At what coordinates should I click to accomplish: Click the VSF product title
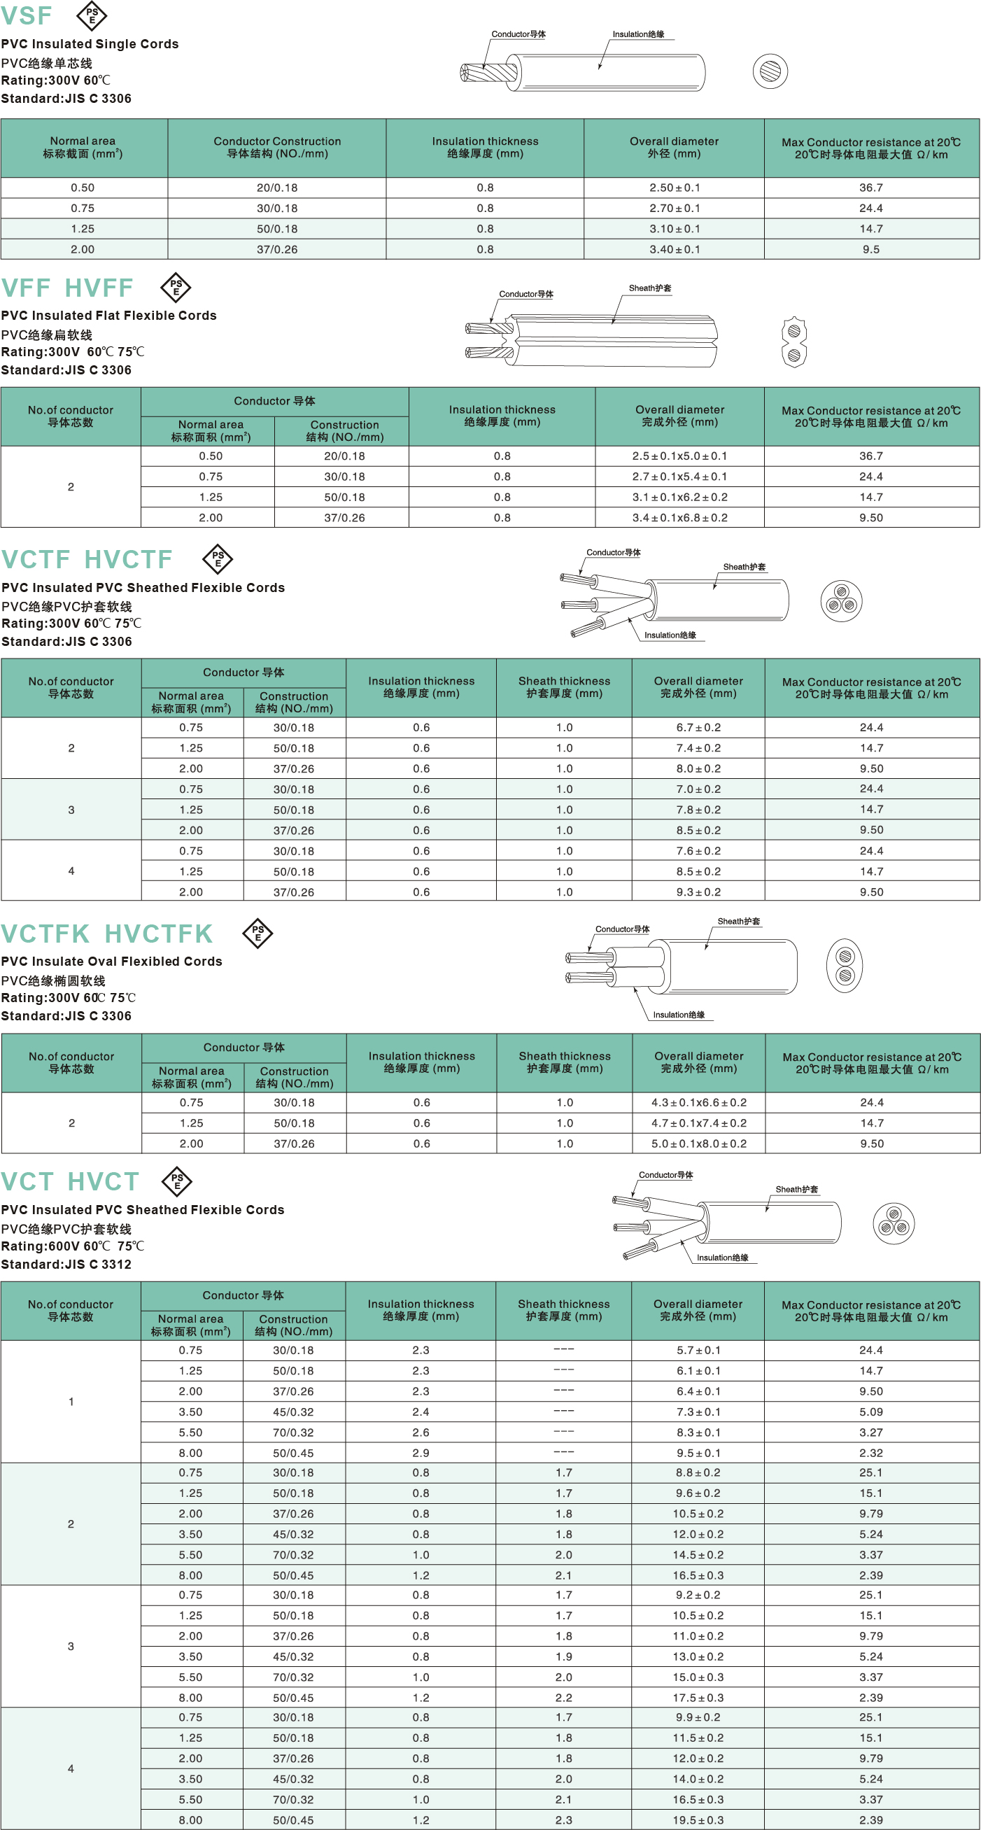27,15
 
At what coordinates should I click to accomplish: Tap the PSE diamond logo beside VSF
92,15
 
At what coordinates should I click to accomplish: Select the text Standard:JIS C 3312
66,1264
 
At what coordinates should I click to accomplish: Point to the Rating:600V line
72,1246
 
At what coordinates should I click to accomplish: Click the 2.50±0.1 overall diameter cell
674,188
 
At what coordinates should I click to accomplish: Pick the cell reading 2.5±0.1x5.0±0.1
679,456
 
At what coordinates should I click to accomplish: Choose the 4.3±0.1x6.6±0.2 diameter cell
698,1102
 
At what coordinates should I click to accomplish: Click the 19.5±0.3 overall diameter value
699,1820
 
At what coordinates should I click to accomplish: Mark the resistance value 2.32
871,1453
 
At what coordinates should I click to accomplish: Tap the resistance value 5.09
871,1412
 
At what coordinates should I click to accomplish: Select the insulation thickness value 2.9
421,1453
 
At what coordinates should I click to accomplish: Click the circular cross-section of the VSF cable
770,71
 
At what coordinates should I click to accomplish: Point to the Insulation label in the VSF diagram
638,34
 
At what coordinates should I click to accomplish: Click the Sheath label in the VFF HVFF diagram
649,288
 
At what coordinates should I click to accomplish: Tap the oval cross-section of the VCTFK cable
845,966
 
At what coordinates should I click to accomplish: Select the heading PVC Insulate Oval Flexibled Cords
111,961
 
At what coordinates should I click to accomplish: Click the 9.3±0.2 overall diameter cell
698,892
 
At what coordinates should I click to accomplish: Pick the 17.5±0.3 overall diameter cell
699,1697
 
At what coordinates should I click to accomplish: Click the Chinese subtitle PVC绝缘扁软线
47,335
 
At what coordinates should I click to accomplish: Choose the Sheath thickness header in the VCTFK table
565,1062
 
